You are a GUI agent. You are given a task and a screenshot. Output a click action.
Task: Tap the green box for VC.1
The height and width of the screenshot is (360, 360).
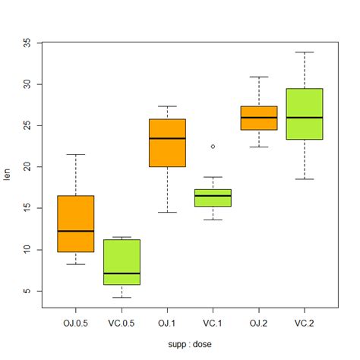[213, 197]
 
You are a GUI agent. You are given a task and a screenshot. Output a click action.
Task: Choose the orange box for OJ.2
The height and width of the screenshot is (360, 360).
[259, 118]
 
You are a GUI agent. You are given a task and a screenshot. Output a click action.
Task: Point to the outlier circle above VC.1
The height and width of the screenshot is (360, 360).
[213, 146]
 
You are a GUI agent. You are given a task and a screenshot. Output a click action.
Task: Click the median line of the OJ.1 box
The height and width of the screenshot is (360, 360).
[167, 138]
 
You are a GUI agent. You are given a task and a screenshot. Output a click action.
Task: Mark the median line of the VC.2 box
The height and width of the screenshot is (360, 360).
[305, 117]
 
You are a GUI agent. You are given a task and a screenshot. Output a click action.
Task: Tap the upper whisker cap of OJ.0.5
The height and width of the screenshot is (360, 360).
[76, 154]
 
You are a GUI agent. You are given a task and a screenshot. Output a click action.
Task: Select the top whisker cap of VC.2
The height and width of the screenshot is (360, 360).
[305, 52]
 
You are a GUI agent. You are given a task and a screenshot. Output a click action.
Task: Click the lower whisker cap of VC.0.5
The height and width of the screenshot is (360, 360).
[122, 298]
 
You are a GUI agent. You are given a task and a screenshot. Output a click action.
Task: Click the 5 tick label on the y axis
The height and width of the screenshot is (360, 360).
[28, 291]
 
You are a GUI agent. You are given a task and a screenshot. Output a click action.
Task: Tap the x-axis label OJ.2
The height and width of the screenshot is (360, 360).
[259, 323]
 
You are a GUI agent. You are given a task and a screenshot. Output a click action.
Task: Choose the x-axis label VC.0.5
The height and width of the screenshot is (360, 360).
[122, 323]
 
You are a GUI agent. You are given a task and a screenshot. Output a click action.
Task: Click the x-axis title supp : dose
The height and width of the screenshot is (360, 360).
[190, 344]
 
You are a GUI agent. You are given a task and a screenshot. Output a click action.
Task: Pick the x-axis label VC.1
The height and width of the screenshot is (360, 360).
[213, 323]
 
